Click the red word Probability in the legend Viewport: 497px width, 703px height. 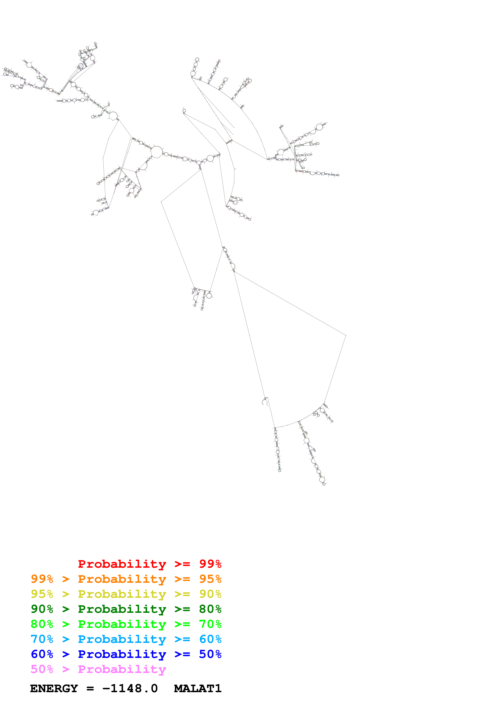click(x=122, y=564)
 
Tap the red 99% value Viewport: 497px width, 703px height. click(x=210, y=564)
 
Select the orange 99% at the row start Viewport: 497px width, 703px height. click(x=42, y=579)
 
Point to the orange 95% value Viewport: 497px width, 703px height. click(x=210, y=579)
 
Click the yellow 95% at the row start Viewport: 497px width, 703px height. click(x=42, y=594)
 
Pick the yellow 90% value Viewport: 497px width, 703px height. click(x=210, y=594)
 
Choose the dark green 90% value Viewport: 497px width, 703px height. click(x=42, y=609)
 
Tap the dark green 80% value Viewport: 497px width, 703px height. click(x=210, y=609)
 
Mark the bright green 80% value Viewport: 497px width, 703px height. click(x=42, y=624)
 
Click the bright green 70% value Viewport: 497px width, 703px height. click(x=210, y=624)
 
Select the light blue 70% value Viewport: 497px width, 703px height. click(x=42, y=639)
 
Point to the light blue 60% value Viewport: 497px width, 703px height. click(x=210, y=639)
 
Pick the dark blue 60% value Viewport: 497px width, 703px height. click(x=42, y=654)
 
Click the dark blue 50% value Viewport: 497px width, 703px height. click(x=210, y=654)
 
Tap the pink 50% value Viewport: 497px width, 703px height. click(x=42, y=669)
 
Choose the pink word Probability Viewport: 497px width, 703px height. click(x=122, y=669)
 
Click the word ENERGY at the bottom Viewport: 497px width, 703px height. click(x=54, y=688)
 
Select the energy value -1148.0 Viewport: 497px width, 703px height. click(x=130, y=688)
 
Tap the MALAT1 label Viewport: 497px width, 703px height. click(x=197, y=688)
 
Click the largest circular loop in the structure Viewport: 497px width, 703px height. click(x=157, y=152)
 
